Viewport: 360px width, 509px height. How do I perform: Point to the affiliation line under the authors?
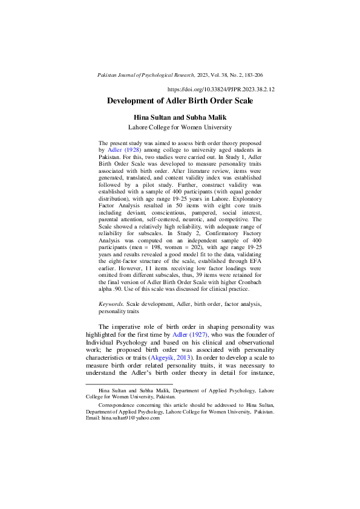(x=180, y=128)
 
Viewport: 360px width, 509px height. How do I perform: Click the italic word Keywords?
(x=111, y=304)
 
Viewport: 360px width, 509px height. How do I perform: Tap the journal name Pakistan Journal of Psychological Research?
(x=146, y=75)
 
